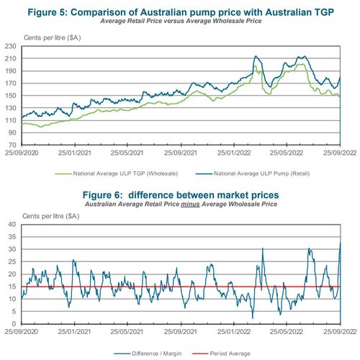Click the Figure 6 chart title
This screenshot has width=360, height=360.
(179, 195)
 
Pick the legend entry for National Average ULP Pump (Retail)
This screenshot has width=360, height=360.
(264, 174)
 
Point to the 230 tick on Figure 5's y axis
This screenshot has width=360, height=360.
(13, 46)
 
